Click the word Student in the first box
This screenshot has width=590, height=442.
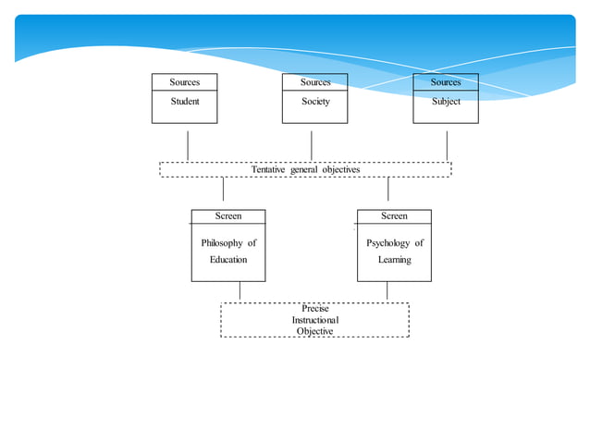point(185,102)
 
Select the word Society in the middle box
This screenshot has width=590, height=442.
point(315,102)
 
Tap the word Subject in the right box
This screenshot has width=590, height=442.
point(446,102)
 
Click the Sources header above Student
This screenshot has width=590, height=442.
point(185,82)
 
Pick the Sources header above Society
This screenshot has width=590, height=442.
point(315,82)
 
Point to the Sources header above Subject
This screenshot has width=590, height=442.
point(446,82)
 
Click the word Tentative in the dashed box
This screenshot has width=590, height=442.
point(268,170)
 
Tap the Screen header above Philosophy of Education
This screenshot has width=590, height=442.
point(228,216)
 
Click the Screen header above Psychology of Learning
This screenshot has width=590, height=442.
point(394,216)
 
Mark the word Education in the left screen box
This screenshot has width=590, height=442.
point(228,260)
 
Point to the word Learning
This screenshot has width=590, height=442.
point(394,260)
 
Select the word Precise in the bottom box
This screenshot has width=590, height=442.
point(315,309)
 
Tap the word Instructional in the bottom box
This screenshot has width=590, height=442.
point(315,320)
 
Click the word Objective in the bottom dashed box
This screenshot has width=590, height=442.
point(315,331)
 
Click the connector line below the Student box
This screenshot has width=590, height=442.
point(188,145)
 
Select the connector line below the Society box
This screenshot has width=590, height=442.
point(312,145)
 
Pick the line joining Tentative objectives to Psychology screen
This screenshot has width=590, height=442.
point(387,189)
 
